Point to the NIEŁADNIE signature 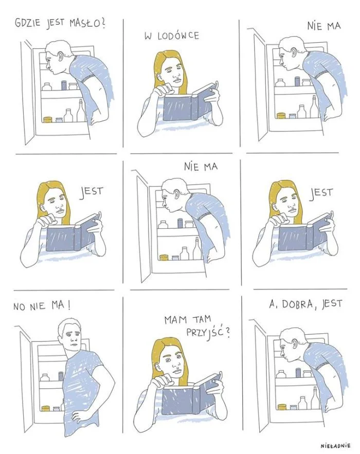click(336, 446)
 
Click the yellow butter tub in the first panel click(47, 119)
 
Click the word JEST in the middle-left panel click(91, 192)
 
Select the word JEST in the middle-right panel click(321, 193)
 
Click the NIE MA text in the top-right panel click(324, 26)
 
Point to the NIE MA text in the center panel click(201, 167)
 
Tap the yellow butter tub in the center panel click(164, 257)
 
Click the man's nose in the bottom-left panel click(74, 338)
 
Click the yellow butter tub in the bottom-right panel click(281, 407)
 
